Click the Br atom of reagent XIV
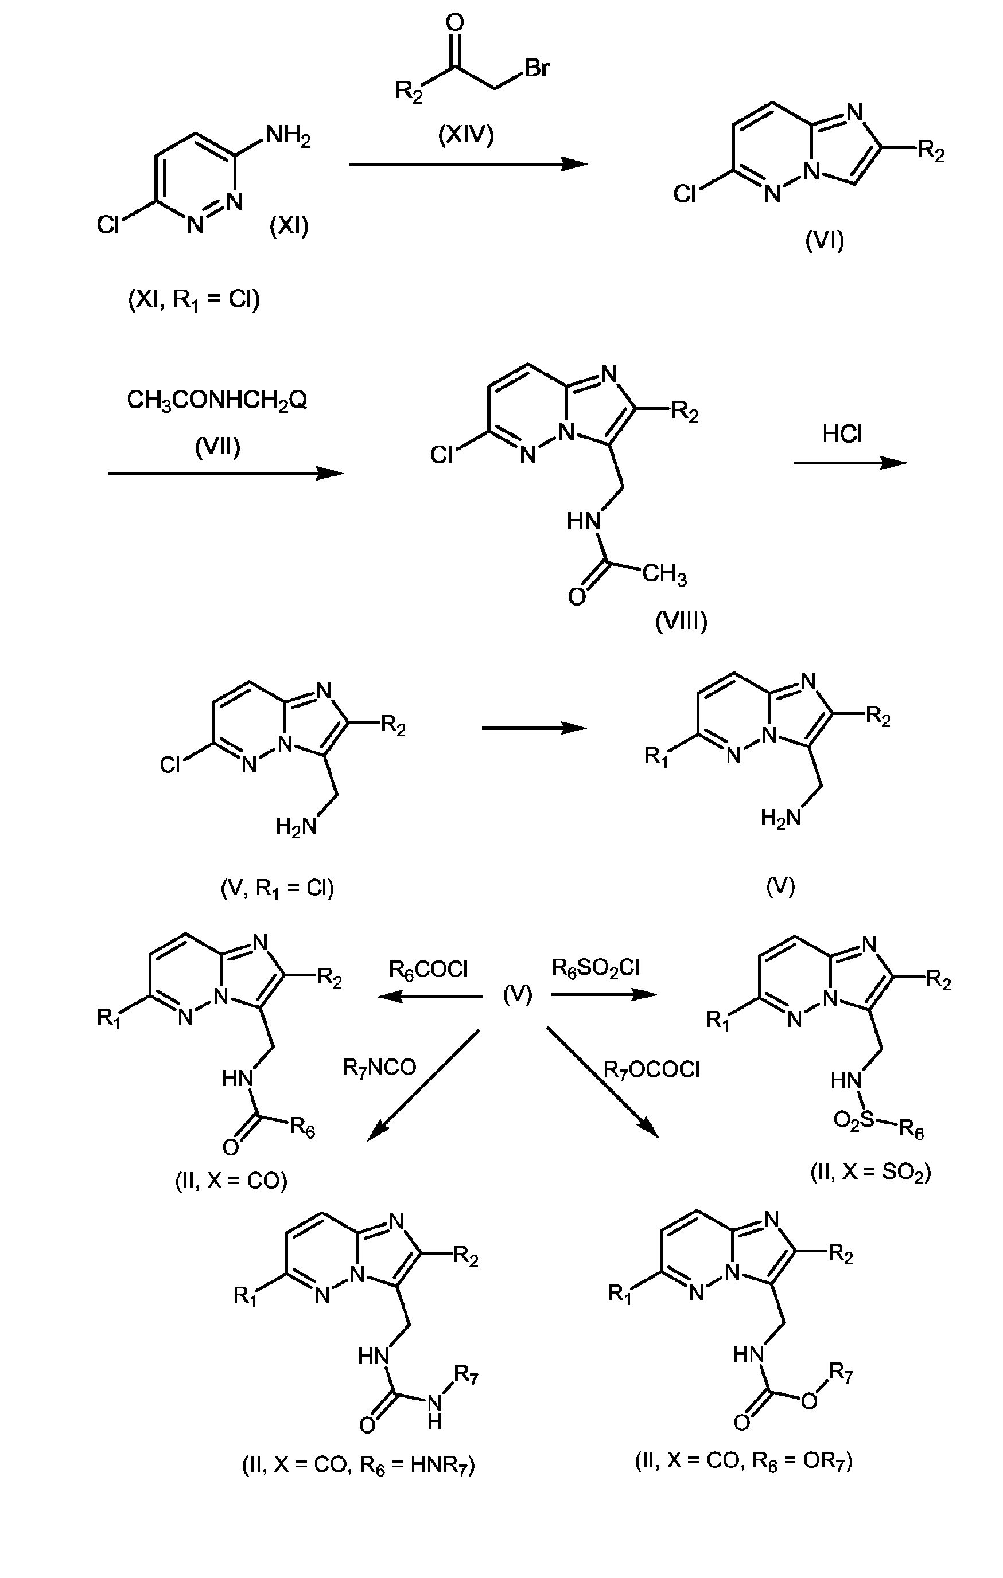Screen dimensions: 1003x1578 [537, 68]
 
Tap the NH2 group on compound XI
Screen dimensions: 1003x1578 [288, 138]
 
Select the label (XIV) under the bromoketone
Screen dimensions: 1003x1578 [466, 134]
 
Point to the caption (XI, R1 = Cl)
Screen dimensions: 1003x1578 [195, 299]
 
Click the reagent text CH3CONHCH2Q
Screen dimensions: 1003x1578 [217, 399]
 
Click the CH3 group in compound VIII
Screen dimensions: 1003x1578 [664, 575]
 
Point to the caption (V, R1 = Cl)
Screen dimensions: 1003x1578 [277, 888]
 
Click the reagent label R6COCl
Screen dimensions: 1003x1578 [429, 969]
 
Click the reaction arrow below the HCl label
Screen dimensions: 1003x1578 [850, 463]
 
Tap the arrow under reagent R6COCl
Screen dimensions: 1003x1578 [429, 997]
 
